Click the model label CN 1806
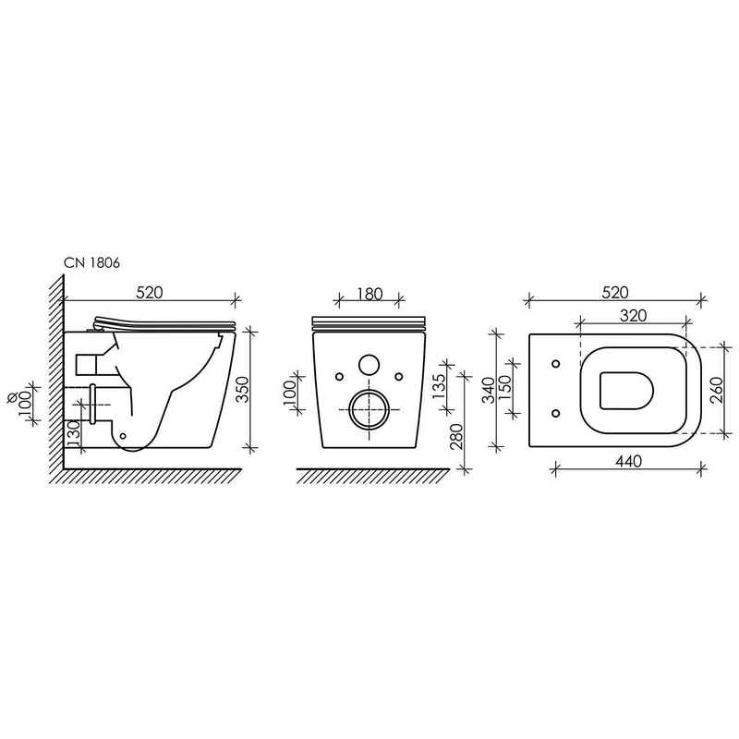click(x=91, y=263)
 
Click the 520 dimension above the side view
click(x=150, y=293)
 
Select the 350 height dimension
click(x=242, y=389)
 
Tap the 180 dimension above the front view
click(x=369, y=294)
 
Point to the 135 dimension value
click(x=439, y=386)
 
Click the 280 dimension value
click(x=456, y=437)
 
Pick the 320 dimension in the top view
click(x=633, y=315)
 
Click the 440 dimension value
click(x=629, y=460)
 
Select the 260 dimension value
click(x=717, y=389)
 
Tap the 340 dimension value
click(x=490, y=390)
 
